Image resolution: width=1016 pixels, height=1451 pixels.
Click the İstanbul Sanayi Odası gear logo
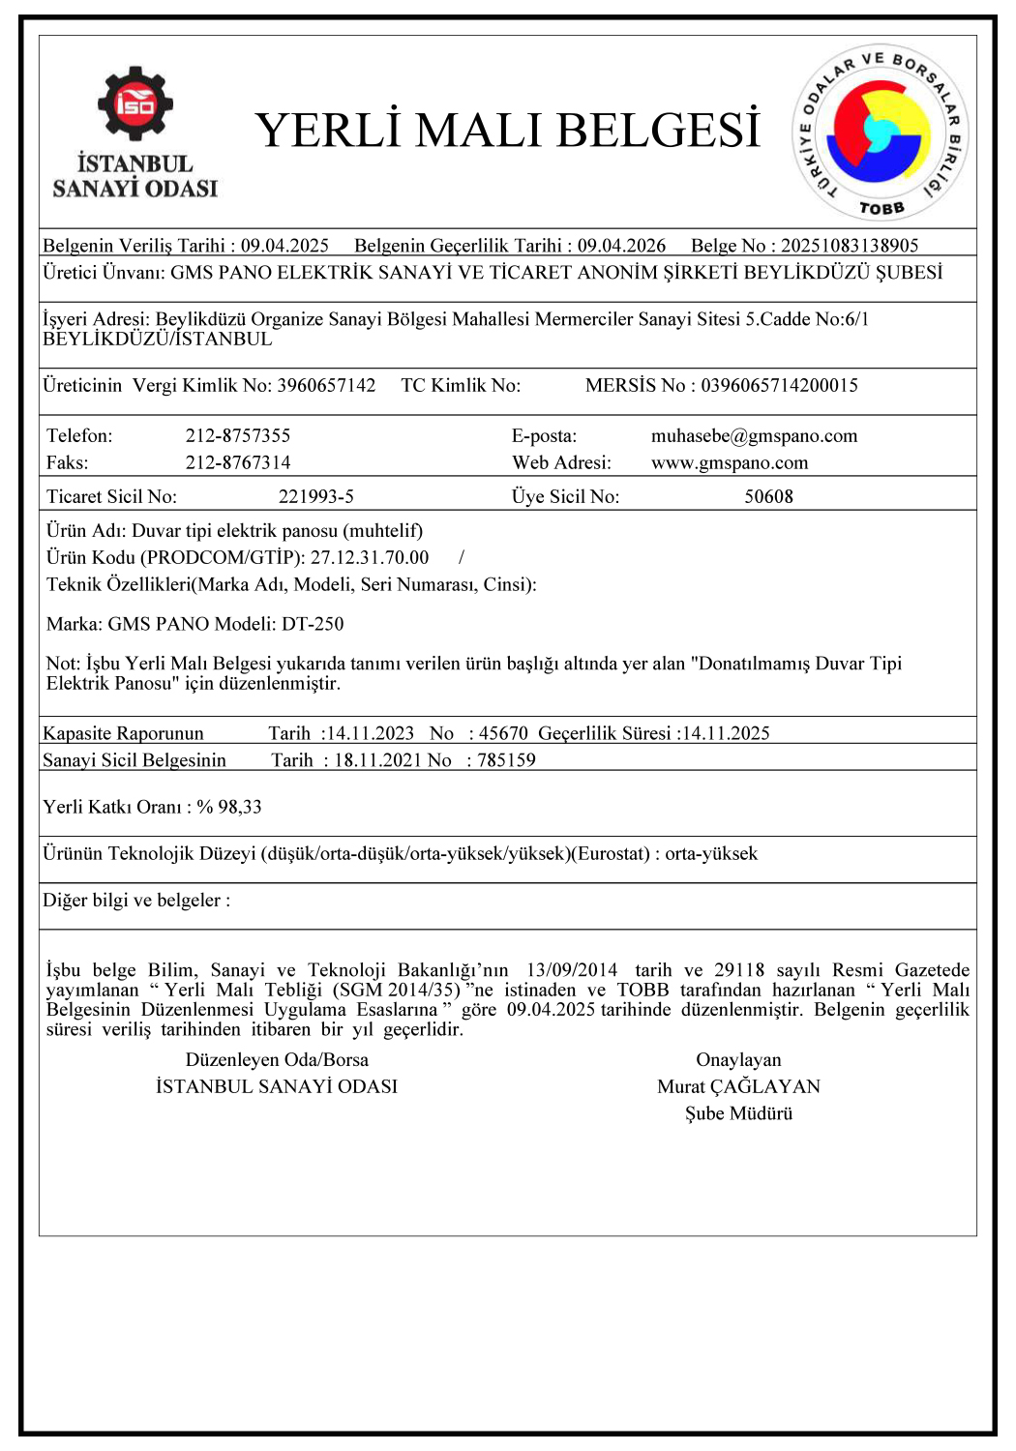click(134, 104)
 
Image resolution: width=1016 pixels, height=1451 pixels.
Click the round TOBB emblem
click(880, 133)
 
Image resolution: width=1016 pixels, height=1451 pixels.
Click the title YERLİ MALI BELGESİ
click(508, 131)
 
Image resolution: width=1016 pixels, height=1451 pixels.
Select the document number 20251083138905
click(850, 246)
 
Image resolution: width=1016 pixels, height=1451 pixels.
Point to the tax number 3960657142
click(326, 386)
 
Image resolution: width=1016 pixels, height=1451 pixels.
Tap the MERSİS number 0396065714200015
click(779, 386)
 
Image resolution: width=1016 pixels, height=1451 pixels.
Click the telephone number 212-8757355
click(238, 436)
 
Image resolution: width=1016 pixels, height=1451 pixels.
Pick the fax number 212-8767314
click(238, 463)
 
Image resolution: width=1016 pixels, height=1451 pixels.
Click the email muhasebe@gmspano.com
click(754, 436)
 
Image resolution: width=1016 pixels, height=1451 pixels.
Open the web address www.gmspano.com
click(730, 463)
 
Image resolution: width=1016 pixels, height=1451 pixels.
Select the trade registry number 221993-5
click(316, 497)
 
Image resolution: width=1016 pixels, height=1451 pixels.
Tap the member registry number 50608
click(768, 497)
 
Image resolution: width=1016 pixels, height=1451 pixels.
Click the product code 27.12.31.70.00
click(370, 558)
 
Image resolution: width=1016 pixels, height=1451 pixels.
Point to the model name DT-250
click(313, 624)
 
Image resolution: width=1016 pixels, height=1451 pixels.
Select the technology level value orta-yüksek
click(711, 854)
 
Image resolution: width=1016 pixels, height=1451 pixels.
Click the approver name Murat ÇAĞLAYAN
click(738, 1087)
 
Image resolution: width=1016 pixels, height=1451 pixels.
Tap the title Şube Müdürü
click(738, 1114)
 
